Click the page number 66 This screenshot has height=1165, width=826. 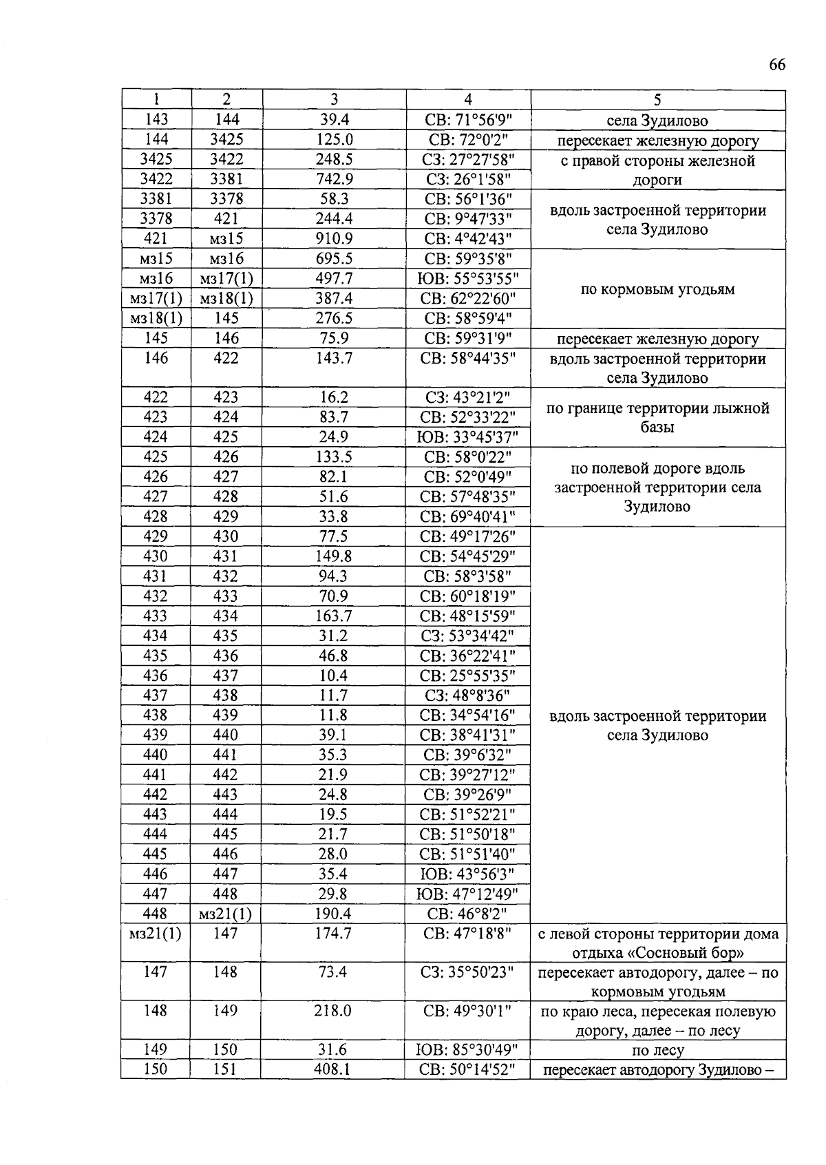click(x=776, y=65)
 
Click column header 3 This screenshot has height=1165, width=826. click(x=334, y=99)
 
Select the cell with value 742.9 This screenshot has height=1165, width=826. click(x=334, y=180)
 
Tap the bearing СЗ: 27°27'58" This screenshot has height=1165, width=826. click(x=468, y=160)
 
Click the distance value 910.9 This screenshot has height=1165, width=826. click(x=334, y=239)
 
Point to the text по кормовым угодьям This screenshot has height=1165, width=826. click(x=657, y=289)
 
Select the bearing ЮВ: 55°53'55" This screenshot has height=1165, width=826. click(x=468, y=279)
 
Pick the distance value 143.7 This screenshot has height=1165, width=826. click(x=334, y=358)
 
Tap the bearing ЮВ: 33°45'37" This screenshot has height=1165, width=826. click(x=468, y=437)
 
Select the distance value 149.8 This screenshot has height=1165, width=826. click(x=334, y=556)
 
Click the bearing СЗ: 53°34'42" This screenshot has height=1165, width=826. click(x=468, y=636)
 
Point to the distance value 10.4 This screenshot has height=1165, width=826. click(x=334, y=675)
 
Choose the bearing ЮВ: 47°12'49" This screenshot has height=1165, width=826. click(x=468, y=894)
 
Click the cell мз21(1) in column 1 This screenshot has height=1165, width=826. click(x=156, y=934)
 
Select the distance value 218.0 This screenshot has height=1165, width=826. click(x=334, y=1011)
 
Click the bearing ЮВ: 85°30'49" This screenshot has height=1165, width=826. click(x=468, y=1050)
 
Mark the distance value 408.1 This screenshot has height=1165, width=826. click(x=334, y=1070)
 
